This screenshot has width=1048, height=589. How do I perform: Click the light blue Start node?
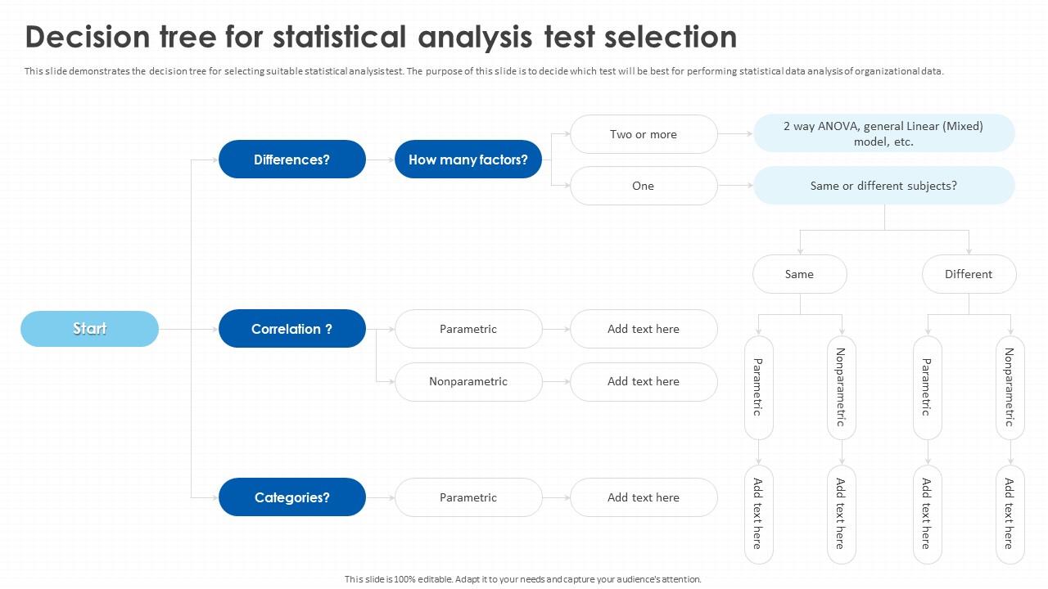[89, 329]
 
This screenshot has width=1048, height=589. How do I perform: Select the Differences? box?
[291, 160]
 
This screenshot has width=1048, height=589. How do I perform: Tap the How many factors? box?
[468, 160]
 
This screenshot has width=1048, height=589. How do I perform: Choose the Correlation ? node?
[291, 329]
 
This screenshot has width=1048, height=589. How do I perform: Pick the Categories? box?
[291, 497]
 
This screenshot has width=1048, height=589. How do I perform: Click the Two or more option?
[644, 134]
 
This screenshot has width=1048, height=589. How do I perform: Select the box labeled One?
[644, 186]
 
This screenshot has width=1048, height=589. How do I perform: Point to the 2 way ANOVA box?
[883, 133]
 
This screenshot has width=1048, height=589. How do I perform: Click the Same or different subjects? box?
[883, 186]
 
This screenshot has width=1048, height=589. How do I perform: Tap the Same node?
[799, 274]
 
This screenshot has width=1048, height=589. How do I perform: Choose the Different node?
[969, 274]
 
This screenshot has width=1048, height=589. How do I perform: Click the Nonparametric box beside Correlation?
[468, 381]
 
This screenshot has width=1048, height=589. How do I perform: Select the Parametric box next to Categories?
[468, 497]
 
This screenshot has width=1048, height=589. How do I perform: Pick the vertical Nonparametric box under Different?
[1010, 388]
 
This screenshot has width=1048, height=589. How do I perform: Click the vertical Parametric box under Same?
[758, 388]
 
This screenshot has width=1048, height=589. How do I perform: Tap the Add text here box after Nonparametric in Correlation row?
[644, 381]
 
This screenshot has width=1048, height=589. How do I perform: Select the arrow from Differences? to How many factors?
[380, 160]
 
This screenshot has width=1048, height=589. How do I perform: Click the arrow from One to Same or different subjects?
[735, 186]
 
